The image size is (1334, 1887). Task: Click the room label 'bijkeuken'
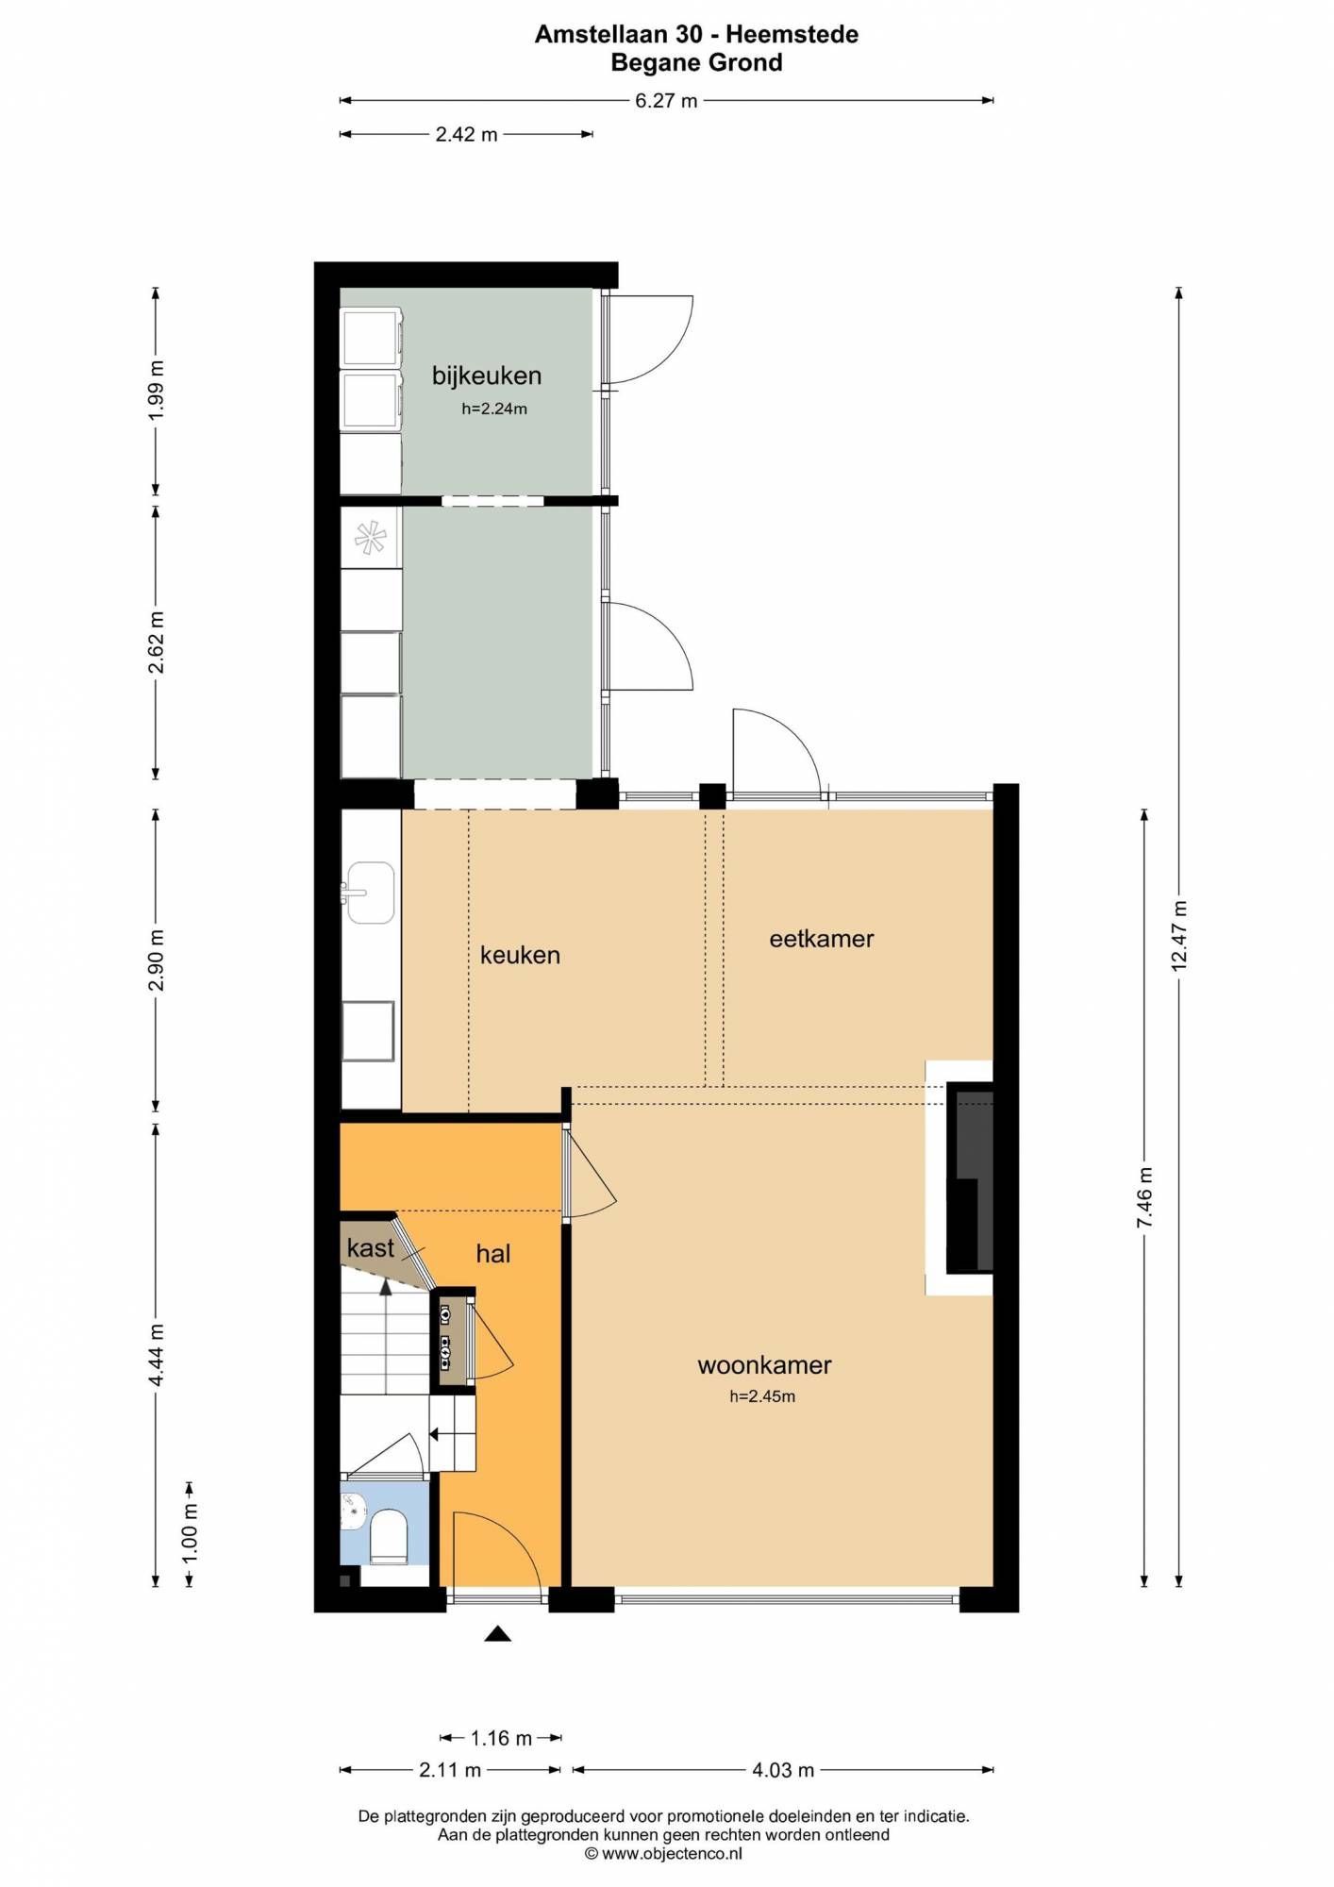pos(487,376)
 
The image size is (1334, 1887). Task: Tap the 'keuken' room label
pos(520,955)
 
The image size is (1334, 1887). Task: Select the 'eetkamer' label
pos(822,939)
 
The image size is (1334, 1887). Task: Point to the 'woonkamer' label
pos(764,1365)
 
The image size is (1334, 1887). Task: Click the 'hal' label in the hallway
pos(493,1253)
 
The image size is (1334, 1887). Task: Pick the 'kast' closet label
pos(370,1247)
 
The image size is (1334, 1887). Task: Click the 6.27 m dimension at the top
pos(666,101)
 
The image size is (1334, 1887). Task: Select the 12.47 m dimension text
pos(1178,936)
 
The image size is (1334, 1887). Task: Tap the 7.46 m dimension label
pos(1144,1197)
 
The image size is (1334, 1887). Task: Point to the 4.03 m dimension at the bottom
pos(783,1770)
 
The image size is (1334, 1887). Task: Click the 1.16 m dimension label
pos(502,1738)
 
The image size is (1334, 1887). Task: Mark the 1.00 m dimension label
pos(190,1531)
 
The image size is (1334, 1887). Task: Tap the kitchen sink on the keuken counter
pos(370,893)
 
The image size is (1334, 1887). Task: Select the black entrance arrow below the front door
pos(497,1634)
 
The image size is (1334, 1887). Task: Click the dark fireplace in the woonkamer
pos(970,1177)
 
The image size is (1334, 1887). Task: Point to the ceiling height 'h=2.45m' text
pos(762,1396)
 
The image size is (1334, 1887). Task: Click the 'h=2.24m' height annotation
pos(494,409)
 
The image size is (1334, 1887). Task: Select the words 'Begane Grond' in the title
pos(697,63)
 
